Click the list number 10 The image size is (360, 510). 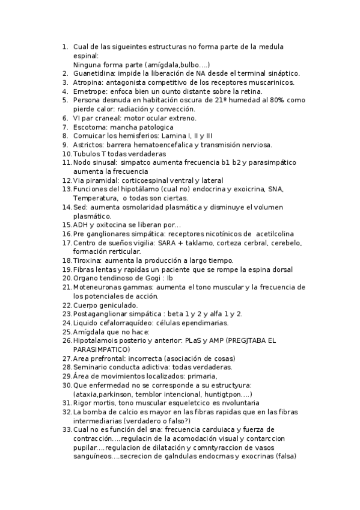click(67, 154)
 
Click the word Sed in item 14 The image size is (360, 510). click(79, 207)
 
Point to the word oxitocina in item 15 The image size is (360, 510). click(112, 225)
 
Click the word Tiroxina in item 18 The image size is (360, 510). click(88, 260)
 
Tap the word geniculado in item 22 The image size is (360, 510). click(117, 305)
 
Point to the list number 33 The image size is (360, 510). click(67, 429)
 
